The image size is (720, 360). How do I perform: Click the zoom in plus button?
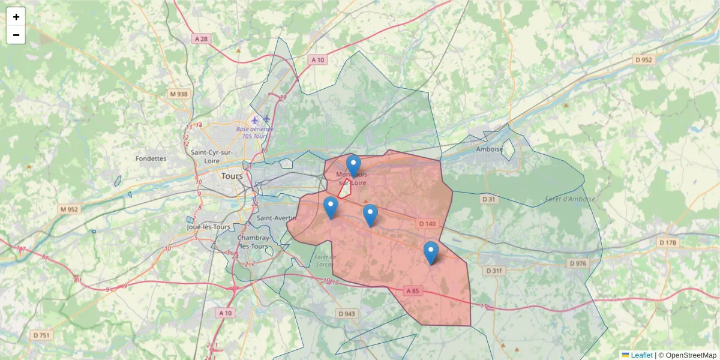[x=16, y=17]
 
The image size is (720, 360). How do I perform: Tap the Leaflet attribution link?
[x=641, y=355]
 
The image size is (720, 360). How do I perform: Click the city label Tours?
[x=232, y=176]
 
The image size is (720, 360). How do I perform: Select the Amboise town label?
[x=488, y=149]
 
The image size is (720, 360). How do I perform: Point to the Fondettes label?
[x=151, y=158]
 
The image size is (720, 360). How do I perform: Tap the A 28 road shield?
[x=202, y=39]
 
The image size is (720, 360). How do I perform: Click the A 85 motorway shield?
[x=412, y=291]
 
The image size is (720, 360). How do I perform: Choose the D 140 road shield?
[x=427, y=224]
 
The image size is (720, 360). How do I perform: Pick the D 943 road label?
[x=347, y=314]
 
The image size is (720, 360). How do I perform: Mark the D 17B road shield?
[x=667, y=243]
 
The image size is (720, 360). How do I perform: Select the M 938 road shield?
[x=179, y=94]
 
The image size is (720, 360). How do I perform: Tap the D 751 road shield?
[x=41, y=335]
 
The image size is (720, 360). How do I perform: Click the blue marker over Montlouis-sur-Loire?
[x=353, y=166]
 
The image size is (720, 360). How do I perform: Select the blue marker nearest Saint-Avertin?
[x=331, y=208]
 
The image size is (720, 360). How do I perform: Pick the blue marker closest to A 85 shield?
[x=431, y=253]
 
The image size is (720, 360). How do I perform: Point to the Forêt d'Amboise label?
[x=571, y=199]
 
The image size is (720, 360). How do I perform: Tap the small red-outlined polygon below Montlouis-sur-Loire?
[x=345, y=189]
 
